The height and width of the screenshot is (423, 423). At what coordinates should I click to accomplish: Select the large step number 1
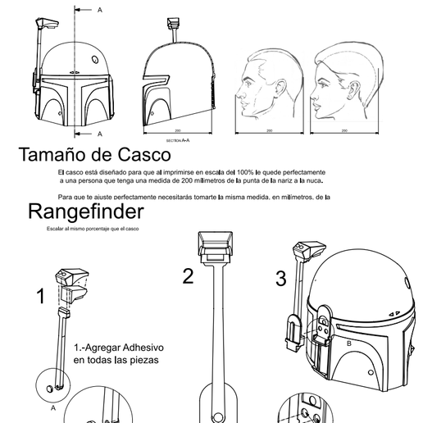40,297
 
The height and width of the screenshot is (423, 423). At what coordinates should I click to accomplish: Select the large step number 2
188,276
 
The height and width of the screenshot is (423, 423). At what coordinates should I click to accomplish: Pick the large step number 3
281,279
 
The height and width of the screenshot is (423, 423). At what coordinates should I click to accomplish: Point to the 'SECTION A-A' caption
177,140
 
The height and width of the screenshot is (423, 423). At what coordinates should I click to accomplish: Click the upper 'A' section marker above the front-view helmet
100,11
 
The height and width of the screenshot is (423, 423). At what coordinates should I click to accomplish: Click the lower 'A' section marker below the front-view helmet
100,132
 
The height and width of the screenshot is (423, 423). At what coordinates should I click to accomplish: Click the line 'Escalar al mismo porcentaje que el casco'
93,229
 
